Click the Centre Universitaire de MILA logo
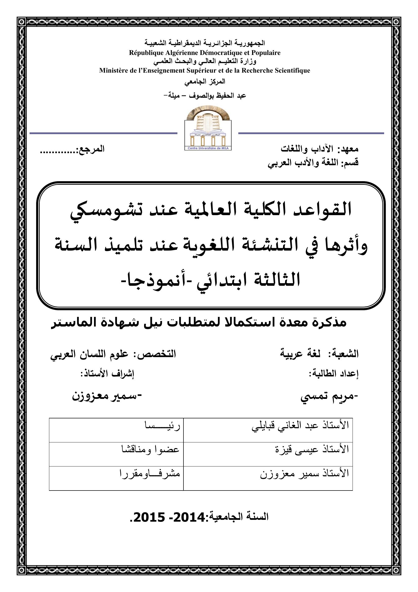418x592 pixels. click(x=208, y=129)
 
